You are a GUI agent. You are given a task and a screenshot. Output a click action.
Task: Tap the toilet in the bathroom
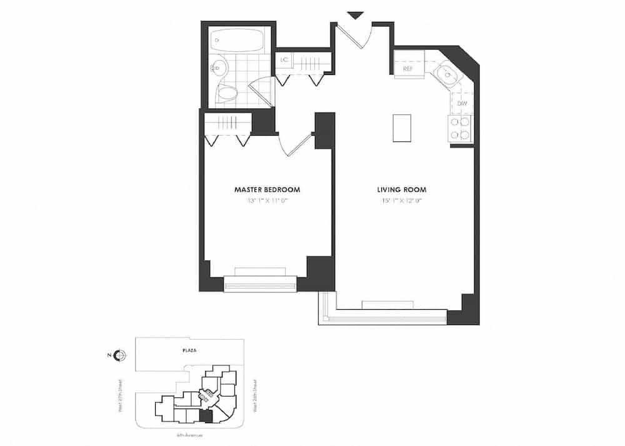pyautogui.click(x=227, y=94)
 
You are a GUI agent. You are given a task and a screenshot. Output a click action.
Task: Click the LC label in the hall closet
pyautogui.click(x=284, y=60)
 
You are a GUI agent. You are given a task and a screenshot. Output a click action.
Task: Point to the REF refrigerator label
pyautogui.click(x=407, y=68)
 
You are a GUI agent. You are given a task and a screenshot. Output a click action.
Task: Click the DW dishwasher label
pyautogui.click(x=462, y=103)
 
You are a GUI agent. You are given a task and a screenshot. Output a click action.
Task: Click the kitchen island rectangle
pyautogui.click(x=401, y=128)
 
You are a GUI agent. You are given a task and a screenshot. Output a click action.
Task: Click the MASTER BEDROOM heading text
pyautogui.click(x=267, y=189)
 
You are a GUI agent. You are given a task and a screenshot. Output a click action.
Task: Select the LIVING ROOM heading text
pyautogui.click(x=402, y=189)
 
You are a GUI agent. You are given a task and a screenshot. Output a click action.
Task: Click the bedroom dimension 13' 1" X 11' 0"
pyautogui.click(x=267, y=201)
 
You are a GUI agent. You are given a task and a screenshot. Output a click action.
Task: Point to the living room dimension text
pyautogui.click(x=402, y=201)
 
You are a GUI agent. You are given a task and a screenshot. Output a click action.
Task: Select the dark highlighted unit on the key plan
pyautogui.click(x=204, y=417)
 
